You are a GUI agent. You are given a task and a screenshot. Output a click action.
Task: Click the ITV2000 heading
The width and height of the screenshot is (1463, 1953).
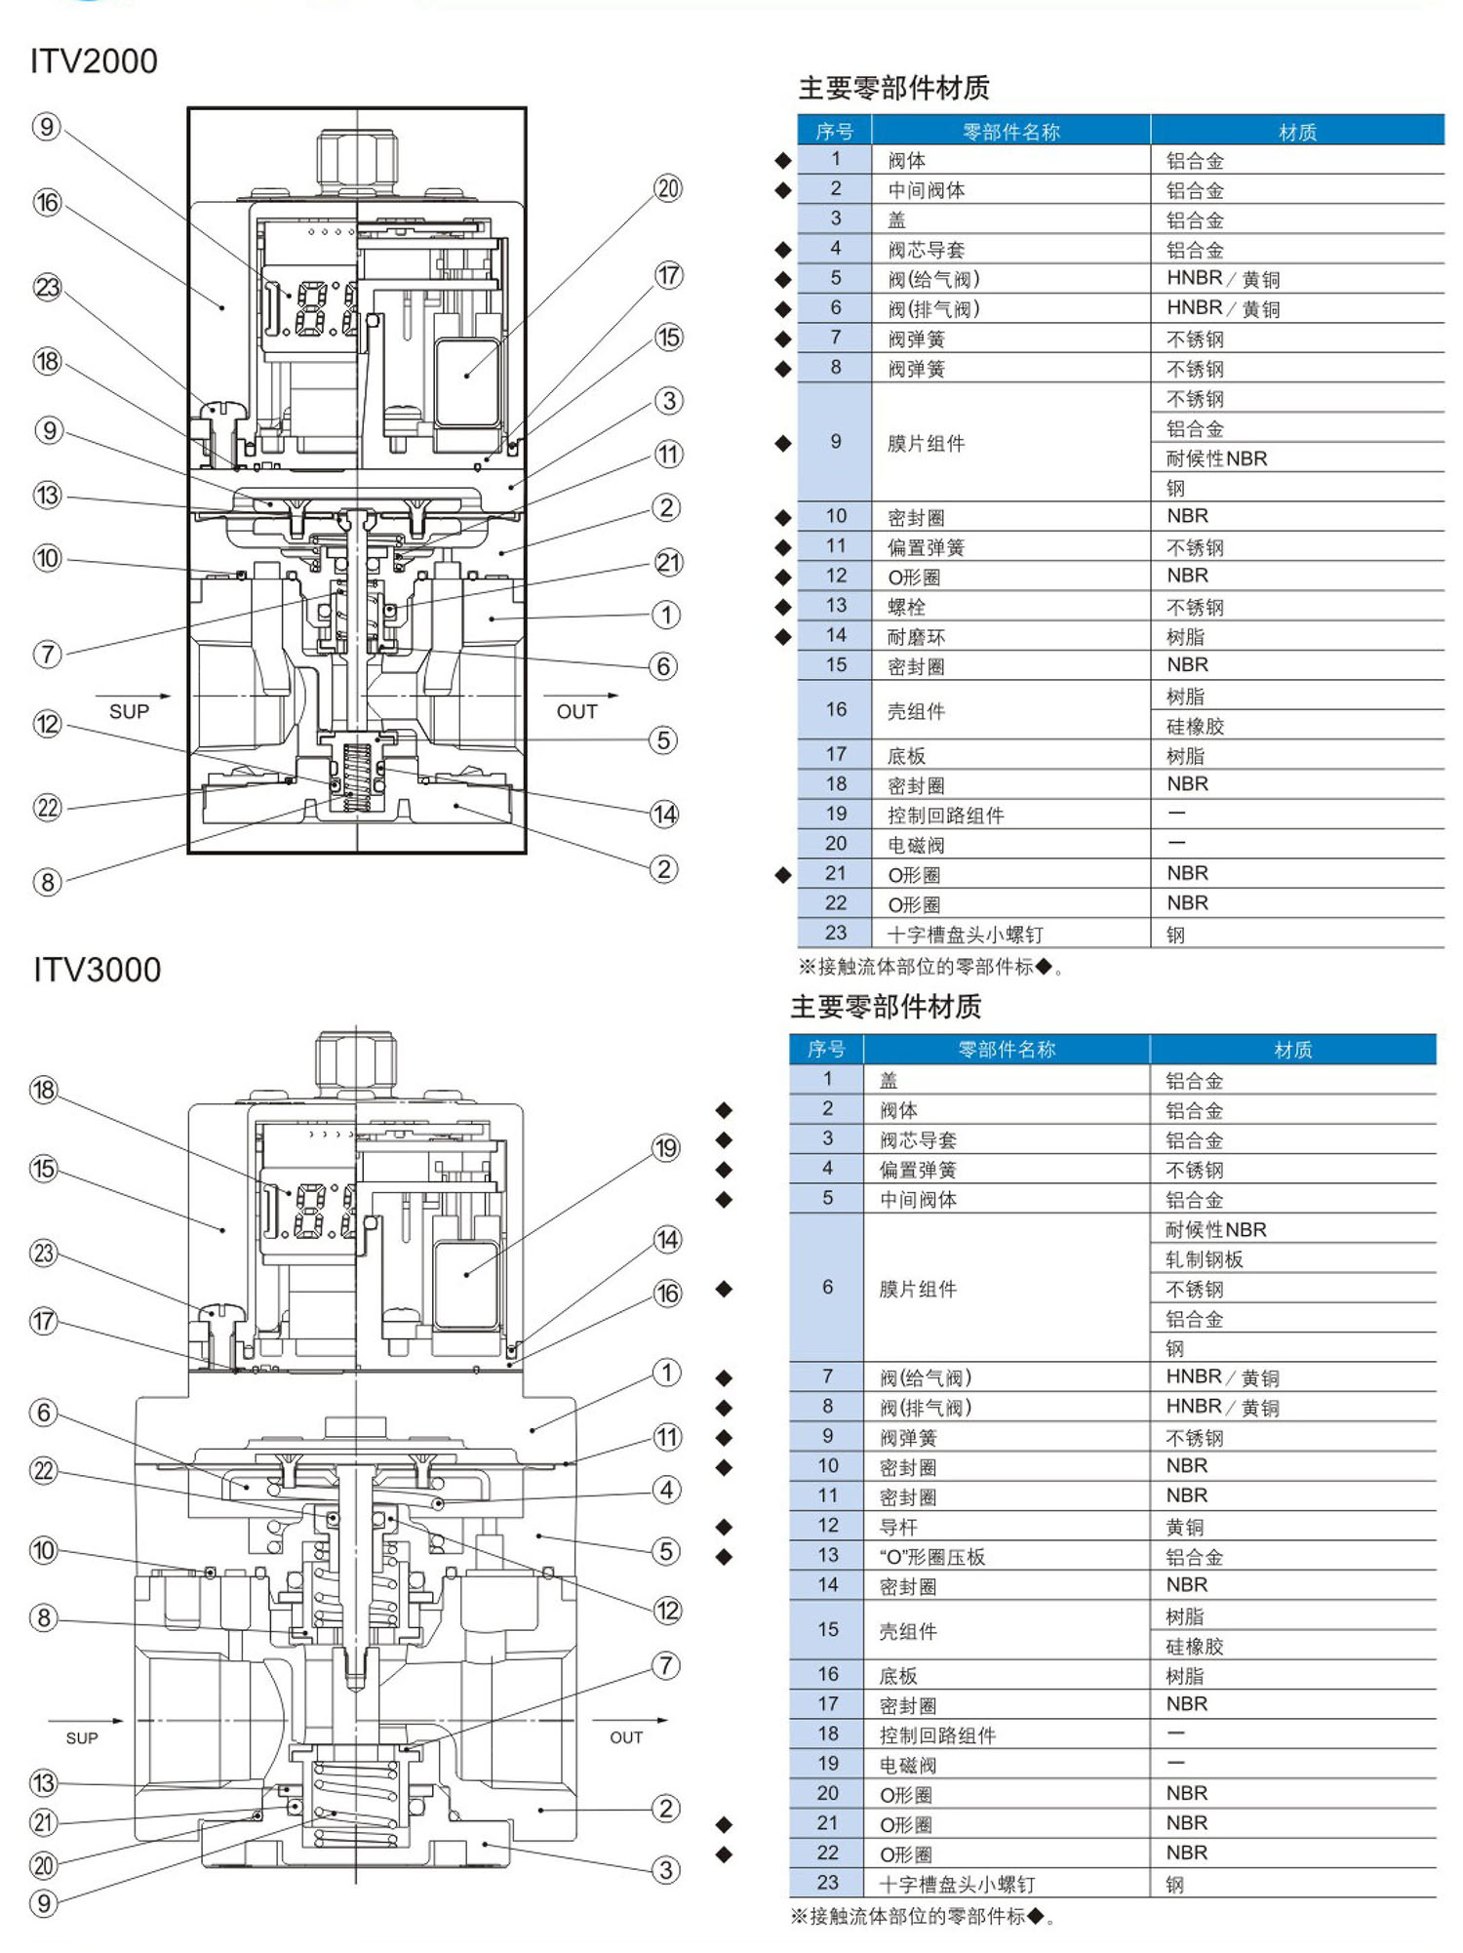94,61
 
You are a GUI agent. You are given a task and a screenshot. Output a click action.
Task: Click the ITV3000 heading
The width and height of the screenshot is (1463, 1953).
97,970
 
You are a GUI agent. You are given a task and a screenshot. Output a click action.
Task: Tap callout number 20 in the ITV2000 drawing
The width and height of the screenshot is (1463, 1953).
668,188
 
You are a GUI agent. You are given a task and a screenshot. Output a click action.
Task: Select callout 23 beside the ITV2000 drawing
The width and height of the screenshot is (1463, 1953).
47,288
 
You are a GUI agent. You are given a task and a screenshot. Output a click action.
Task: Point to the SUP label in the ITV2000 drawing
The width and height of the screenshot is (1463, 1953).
129,711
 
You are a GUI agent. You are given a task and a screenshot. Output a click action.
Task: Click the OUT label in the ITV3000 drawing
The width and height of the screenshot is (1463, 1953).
626,1736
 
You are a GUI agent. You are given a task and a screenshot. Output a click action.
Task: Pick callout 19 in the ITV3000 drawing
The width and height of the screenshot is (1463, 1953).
666,1148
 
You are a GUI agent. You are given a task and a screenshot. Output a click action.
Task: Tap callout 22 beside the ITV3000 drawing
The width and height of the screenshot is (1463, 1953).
44,1471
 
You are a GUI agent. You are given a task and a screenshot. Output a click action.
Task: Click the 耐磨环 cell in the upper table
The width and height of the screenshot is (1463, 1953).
916,637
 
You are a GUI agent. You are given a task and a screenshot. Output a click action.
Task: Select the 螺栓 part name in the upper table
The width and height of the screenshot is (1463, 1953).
906,607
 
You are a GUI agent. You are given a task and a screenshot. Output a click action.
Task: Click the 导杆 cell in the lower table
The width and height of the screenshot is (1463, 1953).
898,1526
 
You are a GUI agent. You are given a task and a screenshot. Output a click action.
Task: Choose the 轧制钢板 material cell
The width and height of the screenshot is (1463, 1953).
1205,1259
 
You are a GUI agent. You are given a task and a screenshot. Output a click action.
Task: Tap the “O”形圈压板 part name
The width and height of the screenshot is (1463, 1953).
932,1556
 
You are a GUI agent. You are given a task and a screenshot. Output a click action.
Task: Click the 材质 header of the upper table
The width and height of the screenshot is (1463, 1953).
1297,132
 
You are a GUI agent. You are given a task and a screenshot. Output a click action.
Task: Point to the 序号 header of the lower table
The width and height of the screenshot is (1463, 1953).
826,1049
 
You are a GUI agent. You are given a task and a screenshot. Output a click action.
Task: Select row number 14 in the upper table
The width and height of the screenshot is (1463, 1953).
836,636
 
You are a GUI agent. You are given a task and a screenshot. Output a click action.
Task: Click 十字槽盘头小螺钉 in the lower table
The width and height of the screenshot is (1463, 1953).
957,1884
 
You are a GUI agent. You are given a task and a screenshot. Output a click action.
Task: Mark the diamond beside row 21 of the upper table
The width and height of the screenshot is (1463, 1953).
783,875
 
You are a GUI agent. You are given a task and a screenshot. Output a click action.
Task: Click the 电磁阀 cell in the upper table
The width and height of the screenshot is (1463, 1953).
916,844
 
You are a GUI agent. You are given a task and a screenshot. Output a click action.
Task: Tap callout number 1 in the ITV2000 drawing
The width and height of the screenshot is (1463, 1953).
666,615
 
